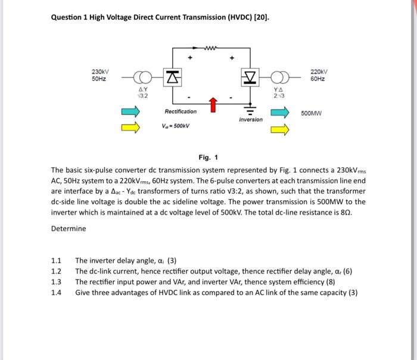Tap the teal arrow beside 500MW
click(279, 111)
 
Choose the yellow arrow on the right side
click(279, 126)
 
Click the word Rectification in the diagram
click(181, 111)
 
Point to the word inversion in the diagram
click(250, 120)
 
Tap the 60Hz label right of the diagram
click(319, 79)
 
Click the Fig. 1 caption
click(208, 157)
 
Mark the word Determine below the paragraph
click(69, 229)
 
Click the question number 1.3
click(57, 282)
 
